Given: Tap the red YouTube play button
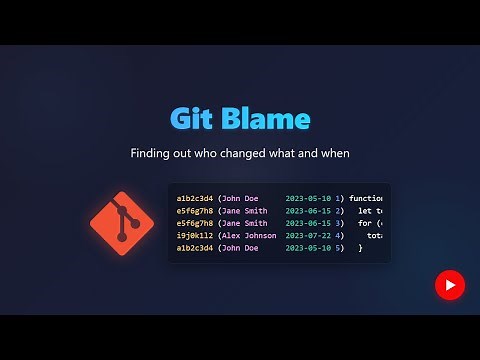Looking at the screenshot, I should pos(450,285).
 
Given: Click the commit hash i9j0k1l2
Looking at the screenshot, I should pos(194,235).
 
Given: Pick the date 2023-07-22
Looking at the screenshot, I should pos(308,235).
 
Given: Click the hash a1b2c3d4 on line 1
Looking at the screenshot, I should pos(194,199).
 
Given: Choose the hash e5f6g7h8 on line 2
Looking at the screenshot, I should pos(194,211).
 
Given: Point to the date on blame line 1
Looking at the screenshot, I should pos(308,199).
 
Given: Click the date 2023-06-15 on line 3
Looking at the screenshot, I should pos(308,223).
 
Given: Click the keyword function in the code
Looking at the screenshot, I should pos(368,199).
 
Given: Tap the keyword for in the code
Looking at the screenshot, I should pos(365,223).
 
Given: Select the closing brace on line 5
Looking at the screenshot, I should pos(361,247).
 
